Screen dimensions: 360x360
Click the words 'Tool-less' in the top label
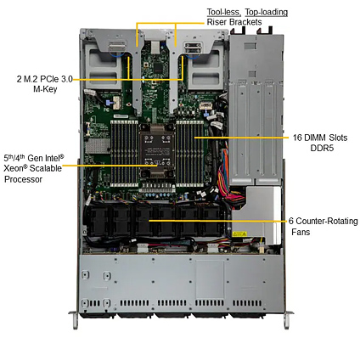(223, 12)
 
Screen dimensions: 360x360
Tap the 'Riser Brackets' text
(234, 22)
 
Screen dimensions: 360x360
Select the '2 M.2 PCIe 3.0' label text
(45, 79)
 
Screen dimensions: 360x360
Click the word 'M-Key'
(45, 89)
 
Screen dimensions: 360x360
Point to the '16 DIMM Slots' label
(320, 138)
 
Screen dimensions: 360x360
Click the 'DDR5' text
(322, 148)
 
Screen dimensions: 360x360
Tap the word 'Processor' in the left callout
(23, 179)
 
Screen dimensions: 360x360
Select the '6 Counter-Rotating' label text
(323, 221)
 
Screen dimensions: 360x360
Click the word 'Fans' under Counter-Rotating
(301, 232)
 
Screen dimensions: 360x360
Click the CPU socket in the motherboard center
(157, 152)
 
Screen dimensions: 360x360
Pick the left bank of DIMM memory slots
(124, 153)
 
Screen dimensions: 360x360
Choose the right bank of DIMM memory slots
(190, 153)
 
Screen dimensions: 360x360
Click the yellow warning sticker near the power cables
(239, 234)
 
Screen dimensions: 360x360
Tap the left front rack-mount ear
(74, 319)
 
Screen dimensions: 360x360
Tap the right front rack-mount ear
(287, 319)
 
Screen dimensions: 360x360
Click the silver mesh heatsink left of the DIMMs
(97, 147)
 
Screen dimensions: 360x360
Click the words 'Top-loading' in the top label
(266, 12)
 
